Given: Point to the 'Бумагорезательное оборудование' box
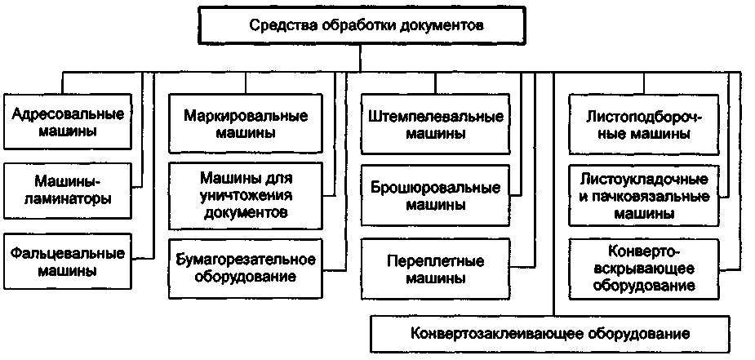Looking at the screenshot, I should point(245,267).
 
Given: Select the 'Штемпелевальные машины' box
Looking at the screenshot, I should point(435,122).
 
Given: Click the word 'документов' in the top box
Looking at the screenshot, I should point(444,25).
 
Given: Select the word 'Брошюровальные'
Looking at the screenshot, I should point(435,187).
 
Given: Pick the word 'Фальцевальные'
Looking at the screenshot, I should point(68,252).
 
